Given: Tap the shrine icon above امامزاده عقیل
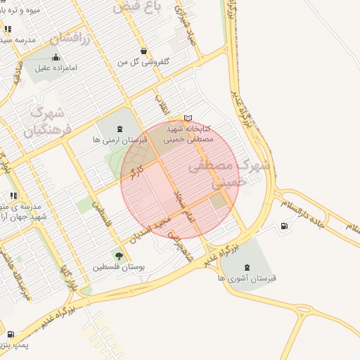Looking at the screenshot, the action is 56,58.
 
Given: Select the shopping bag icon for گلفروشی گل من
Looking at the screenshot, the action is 143,51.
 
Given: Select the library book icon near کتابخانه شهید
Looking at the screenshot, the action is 187,118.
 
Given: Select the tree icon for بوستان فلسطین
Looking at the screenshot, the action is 118,256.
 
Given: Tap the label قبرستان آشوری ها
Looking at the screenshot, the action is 247,278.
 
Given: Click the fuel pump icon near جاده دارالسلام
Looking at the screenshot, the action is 284,226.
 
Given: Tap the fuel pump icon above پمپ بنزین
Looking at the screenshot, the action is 11,334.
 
